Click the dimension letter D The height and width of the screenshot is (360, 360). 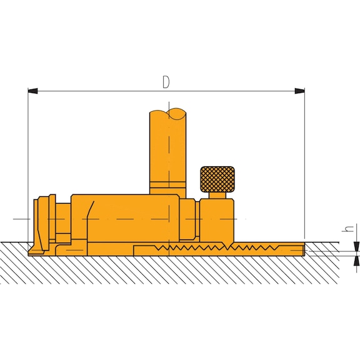166,82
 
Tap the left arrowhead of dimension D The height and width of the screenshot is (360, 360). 32,91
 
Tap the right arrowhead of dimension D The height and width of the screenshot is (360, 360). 299,91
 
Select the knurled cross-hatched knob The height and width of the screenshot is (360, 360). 217,179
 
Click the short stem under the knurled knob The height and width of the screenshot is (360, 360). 217,196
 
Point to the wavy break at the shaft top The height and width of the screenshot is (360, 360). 168,114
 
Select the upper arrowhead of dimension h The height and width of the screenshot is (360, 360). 356,246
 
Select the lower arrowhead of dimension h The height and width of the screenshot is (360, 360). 356,261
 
